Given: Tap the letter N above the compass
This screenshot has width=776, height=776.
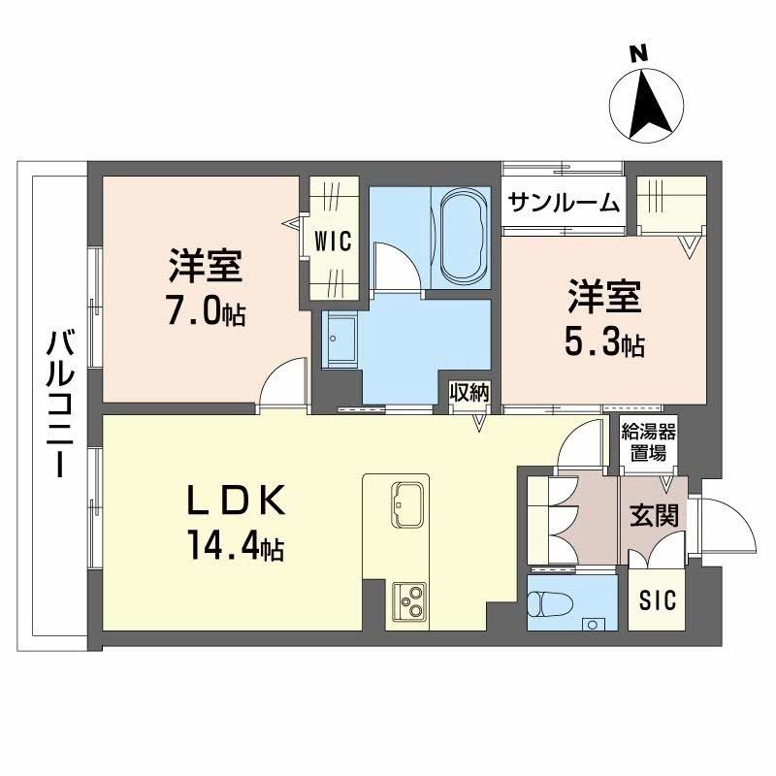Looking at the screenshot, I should point(637,54).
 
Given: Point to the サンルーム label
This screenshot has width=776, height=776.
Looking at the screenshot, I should point(564,202).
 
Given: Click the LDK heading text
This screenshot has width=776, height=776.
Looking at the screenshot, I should point(236,502).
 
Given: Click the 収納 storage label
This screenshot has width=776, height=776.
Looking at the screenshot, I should point(469,391).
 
